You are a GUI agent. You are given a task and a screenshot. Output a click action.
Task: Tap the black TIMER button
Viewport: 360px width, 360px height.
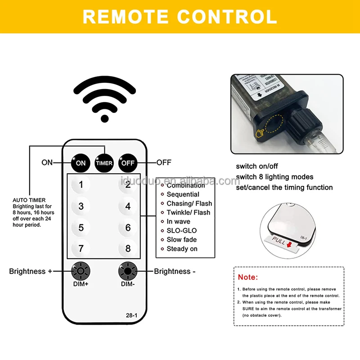(104, 163)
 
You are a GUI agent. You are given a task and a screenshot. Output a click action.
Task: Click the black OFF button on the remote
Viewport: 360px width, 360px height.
(128, 163)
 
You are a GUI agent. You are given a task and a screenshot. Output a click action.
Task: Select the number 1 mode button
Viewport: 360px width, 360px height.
(81, 184)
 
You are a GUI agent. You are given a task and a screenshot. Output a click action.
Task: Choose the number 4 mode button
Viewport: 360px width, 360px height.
(128, 206)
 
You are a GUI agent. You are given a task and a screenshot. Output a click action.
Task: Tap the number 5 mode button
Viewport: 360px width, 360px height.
(81, 228)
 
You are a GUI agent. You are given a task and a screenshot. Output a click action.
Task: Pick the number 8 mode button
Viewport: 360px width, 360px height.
(128, 248)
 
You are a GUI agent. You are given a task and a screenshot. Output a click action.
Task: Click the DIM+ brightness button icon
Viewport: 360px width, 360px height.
(81, 271)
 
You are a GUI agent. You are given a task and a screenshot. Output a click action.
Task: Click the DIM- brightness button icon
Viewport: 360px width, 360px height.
(127, 271)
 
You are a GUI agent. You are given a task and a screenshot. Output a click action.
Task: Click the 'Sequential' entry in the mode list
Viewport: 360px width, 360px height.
(183, 194)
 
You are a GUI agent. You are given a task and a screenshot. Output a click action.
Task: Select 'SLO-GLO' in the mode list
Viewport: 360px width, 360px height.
(181, 230)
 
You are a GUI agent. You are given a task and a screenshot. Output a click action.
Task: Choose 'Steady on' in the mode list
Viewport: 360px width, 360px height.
(182, 249)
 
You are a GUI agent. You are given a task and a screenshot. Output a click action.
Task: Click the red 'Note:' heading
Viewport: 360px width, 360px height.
(248, 277)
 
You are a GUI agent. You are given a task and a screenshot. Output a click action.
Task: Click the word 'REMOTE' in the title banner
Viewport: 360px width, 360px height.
(126, 17)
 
